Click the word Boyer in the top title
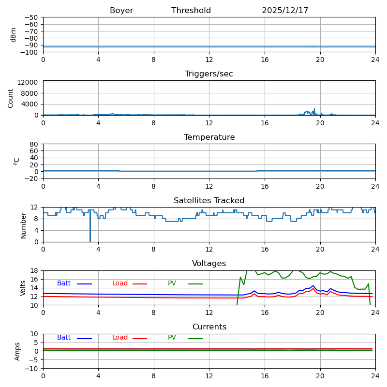(x=121, y=11)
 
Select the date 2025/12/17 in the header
(x=285, y=11)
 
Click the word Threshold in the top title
(x=191, y=11)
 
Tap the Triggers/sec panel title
(x=209, y=74)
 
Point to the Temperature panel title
(x=209, y=137)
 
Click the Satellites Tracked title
(x=209, y=201)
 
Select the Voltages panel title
(x=209, y=264)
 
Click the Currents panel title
(x=209, y=327)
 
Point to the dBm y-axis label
(x=14, y=35)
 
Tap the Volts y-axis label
(x=23, y=288)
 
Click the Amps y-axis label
(x=17, y=351)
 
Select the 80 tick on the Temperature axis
(x=34, y=144)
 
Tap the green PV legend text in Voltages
(x=172, y=283)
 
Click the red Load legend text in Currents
(x=120, y=338)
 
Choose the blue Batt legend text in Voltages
(x=64, y=283)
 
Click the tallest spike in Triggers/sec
(x=314, y=109)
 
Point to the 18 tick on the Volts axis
(x=34, y=271)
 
